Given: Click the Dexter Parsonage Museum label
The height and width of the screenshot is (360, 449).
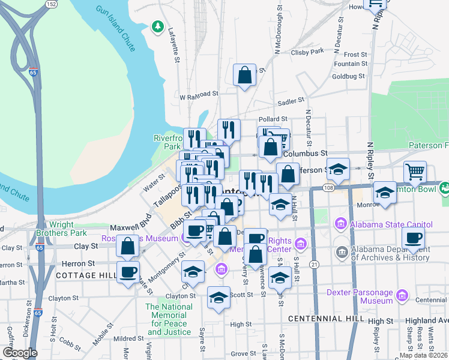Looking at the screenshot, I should [x=360, y=296].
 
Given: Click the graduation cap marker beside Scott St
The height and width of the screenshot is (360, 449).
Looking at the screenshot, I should [x=219, y=297].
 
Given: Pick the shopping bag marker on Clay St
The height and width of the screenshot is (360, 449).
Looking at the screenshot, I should [x=128, y=245].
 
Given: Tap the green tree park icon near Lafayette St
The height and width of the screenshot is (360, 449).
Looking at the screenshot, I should [x=158, y=26].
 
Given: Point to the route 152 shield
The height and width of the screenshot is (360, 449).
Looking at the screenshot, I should [x=52, y=4].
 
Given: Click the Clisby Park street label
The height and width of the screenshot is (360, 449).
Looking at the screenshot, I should [x=307, y=51].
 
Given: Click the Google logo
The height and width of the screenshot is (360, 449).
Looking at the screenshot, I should [x=20, y=352].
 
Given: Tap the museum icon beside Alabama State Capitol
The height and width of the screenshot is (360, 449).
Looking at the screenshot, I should [x=341, y=224].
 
